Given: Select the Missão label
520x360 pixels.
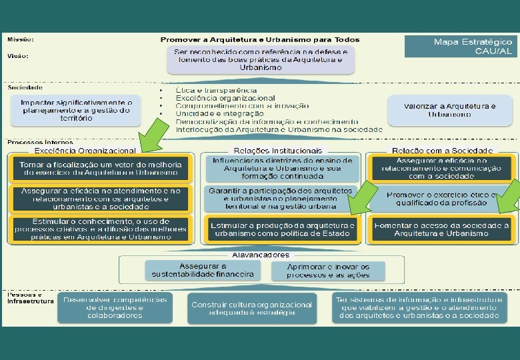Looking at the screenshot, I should coord(21,39).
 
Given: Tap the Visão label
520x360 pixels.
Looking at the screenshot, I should coord(18,55).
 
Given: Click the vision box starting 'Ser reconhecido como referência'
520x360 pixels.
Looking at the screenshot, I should coord(261,60).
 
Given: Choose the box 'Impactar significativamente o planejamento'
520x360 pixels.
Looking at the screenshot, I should coord(76,110).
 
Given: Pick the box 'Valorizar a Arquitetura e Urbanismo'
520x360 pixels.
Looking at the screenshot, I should coord(450,110).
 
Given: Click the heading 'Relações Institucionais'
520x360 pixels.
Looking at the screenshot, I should coord(278,151).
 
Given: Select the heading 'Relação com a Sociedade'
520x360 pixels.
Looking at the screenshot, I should coord(443,151).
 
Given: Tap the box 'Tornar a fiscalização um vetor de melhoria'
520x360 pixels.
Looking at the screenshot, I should coord(99,169).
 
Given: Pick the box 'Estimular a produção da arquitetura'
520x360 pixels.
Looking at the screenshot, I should coord(283,229).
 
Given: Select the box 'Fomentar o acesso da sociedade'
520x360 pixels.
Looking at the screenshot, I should coord(441,229).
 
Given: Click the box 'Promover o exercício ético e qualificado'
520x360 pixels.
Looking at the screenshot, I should coord(441,199).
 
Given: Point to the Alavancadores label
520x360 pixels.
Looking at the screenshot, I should coord(260,255).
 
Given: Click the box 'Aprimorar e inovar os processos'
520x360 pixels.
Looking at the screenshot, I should coord(327,270).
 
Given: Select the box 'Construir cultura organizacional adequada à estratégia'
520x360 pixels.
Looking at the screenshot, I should coord(251,309).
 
